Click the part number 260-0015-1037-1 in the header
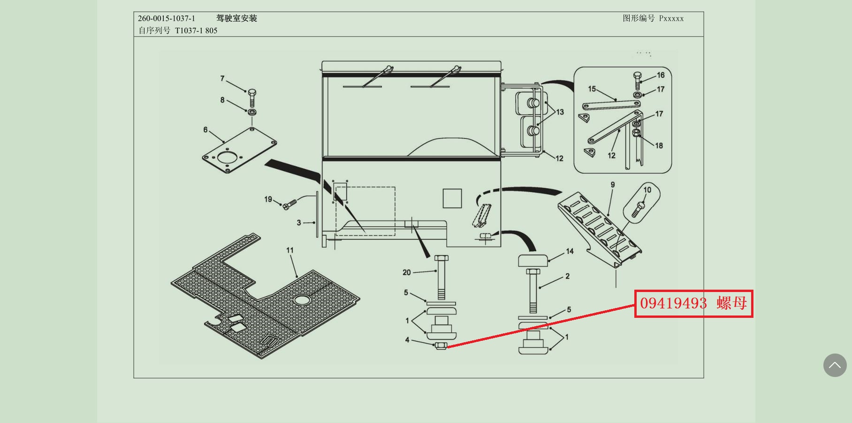pyautogui.click(x=167, y=18)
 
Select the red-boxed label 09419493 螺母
pyautogui.click(x=693, y=304)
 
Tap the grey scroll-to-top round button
pyautogui.click(x=835, y=365)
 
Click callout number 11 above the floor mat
pyautogui.click(x=290, y=250)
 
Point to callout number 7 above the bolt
pyautogui.click(x=222, y=78)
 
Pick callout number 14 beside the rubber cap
pyautogui.click(x=570, y=251)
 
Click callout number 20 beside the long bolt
pyautogui.click(x=407, y=272)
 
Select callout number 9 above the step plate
pyautogui.click(x=613, y=185)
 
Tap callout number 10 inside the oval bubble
pyautogui.click(x=647, y=190)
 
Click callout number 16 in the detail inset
pyautogui.click(x=661, y=75)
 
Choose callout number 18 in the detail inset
pyautogui.click(x=659, y=146)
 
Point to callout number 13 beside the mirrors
pyautogui.click(x=560, y=112)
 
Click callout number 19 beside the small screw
pyautogui.click(x=268, y=199)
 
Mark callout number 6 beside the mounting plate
pyautogui.click(x=205, y=130)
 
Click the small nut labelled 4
pyautogui.click(x=441, y=346)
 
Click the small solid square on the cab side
pyautogui.click(x=452, y=198)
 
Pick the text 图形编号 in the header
pyautogui.click(x=639, y=18)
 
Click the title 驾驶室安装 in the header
pyautogui.click(x=236, y=18)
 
